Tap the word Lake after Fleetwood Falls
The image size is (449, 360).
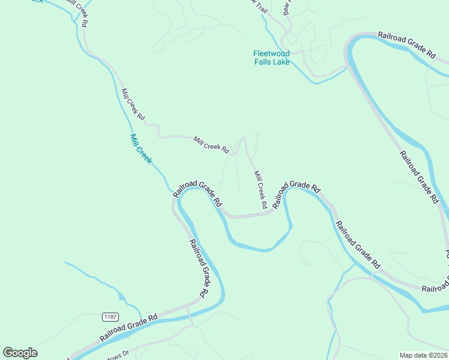coord(280,62)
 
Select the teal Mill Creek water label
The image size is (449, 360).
coord(142,149)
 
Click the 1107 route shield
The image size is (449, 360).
coord(110,317)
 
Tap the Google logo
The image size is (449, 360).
coord(20,353)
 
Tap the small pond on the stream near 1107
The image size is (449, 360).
coord(122,295)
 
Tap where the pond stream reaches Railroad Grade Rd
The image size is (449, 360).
coord(142,316)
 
